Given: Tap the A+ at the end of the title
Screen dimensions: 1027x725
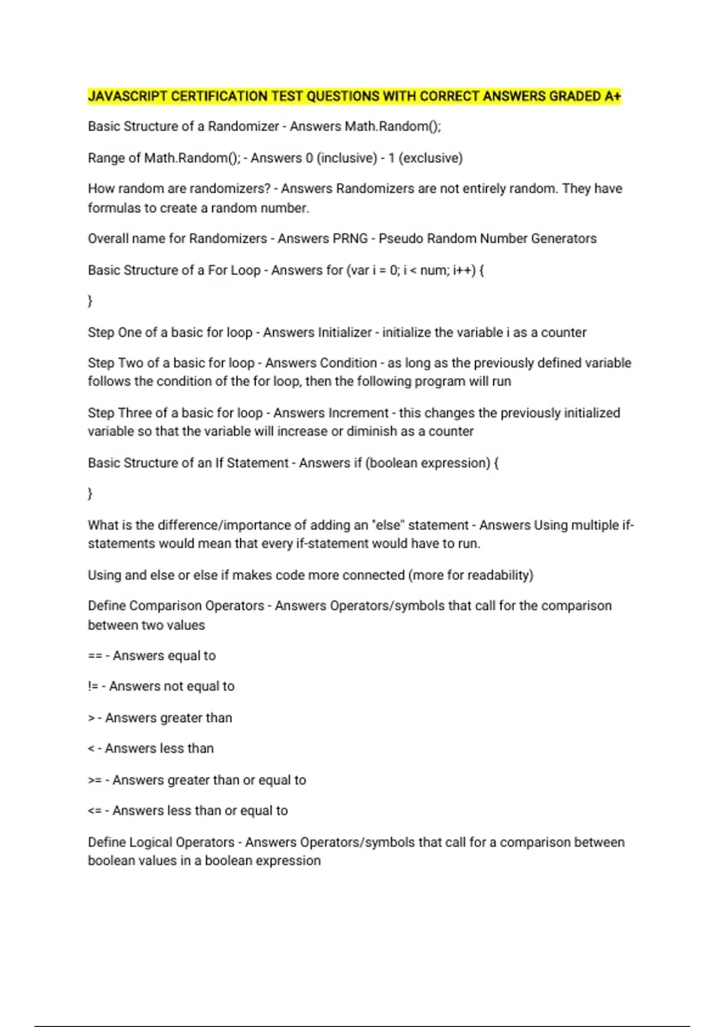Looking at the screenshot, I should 612,96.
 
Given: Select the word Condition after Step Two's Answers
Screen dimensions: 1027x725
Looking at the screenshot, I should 348,363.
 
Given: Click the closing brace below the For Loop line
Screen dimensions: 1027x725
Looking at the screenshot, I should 90,301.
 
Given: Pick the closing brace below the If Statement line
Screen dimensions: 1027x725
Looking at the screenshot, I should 90,494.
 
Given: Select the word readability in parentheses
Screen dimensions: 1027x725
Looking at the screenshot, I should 498,575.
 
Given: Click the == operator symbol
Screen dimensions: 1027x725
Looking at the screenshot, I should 94,656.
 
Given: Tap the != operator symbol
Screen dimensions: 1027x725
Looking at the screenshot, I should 93,686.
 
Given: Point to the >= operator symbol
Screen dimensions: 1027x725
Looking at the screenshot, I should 94,781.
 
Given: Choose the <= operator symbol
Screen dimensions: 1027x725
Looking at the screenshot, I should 94,811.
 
